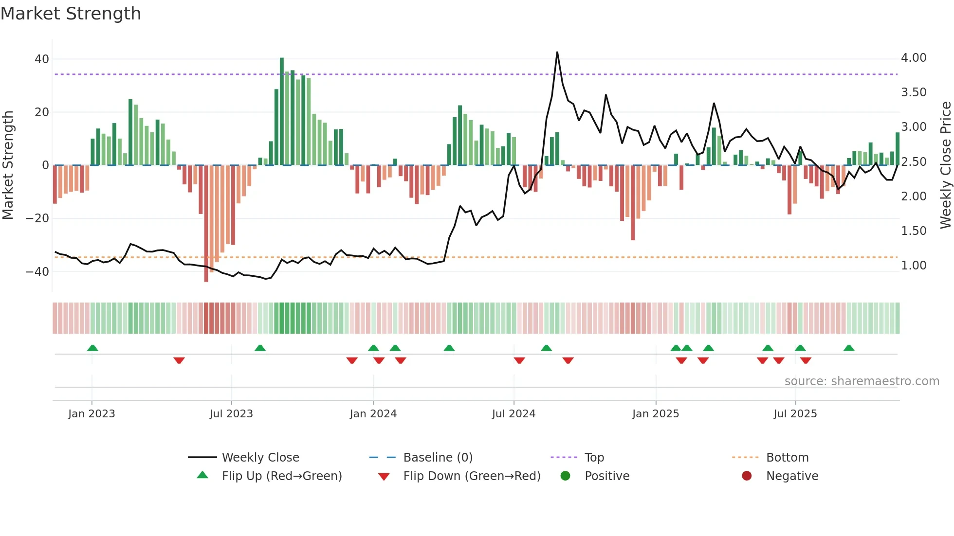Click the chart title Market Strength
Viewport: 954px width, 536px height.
click(71, 14)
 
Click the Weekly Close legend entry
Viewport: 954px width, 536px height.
click(260, 457)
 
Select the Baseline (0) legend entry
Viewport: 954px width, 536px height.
click(438, 457)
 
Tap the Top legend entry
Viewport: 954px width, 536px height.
click(594, 457)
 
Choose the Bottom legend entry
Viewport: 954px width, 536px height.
click(787, 457)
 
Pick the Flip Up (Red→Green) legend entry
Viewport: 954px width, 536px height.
click(281, 476)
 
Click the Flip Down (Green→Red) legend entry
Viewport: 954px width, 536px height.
click(471, 476)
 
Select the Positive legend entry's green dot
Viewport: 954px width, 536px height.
click(565, 476)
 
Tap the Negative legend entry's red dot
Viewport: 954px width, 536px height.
click(747, 476)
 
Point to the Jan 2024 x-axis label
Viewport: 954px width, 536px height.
click(373, 413)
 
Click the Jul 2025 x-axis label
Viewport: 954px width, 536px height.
click(795, 413)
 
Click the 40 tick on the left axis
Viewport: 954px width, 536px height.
click(42, 59)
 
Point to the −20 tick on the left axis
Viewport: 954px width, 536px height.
click(37, 218)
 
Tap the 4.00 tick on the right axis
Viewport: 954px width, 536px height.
click(914, 58)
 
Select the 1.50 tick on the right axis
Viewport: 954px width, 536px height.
click(914, 231)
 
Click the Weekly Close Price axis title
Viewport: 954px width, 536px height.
click(945, 165)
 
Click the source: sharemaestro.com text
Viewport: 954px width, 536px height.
click(862, 381)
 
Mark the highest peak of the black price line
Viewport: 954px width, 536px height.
click(557, 53)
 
